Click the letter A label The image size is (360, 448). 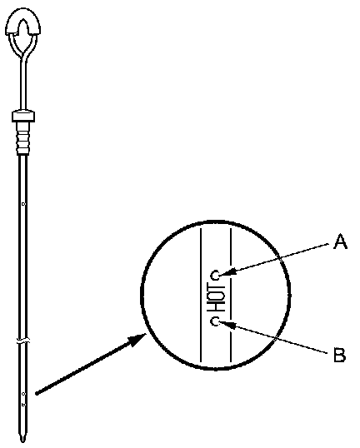point(341,241)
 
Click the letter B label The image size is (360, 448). point(340,354)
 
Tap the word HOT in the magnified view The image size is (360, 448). point(216,298)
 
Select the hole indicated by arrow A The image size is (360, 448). point(215,276)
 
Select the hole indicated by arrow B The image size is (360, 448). point(215,321)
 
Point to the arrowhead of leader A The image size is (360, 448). point(227,272)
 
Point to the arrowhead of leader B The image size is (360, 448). point(227,324)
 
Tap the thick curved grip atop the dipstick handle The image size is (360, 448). point(22,22)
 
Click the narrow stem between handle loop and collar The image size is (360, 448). point(23,83)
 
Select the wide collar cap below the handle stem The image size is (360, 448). point(23,116)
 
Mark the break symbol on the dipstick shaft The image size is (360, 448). point(23,341)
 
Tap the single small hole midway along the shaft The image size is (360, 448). point(23,204)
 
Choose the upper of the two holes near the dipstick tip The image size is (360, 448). point(23,394)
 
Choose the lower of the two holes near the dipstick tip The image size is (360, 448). point(23,405)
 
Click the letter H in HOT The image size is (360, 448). point(216,306)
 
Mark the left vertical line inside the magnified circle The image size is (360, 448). point(201,295)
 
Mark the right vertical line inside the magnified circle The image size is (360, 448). point(231,295)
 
